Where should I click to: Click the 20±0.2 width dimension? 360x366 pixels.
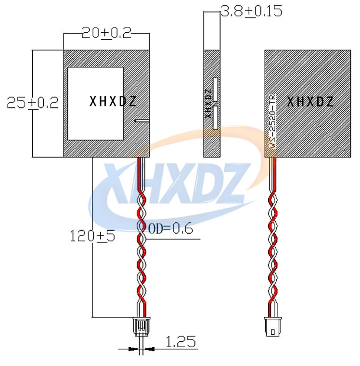tap(106, 33)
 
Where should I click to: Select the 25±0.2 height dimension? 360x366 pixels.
tap(33, 103)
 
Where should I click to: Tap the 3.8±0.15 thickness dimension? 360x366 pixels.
tap(252, 11)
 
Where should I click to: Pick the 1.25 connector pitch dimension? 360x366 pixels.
tap(180, 342)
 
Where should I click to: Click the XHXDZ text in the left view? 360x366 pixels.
tap(113, 101)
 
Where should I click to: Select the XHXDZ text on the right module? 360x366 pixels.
tap(310, 102)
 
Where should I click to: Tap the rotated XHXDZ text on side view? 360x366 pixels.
tap(208, 104)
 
